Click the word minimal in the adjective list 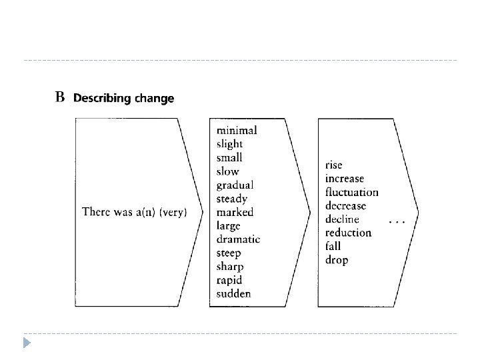(x=237, y=130)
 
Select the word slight (x=230, y=144)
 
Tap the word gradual (x=235, y=185)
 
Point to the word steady (x=232, y=199)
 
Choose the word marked (x=235, y=212)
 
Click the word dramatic (x=238, y=239)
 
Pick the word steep (x=229, y=253)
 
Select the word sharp (x=229, y=267)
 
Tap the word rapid (x=229, y=280)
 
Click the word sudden (x=233, y=293)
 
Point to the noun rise (x=335, y=165)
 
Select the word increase (x=345, y=179)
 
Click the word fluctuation (x=351, y=192)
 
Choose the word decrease (x=345, y=206)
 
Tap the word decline (x=342, y=219)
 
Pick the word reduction (x=348, y=233)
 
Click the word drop (x=337, y=260)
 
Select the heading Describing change (x=123, y=99)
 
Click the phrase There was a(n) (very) (x=133, y=213)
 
